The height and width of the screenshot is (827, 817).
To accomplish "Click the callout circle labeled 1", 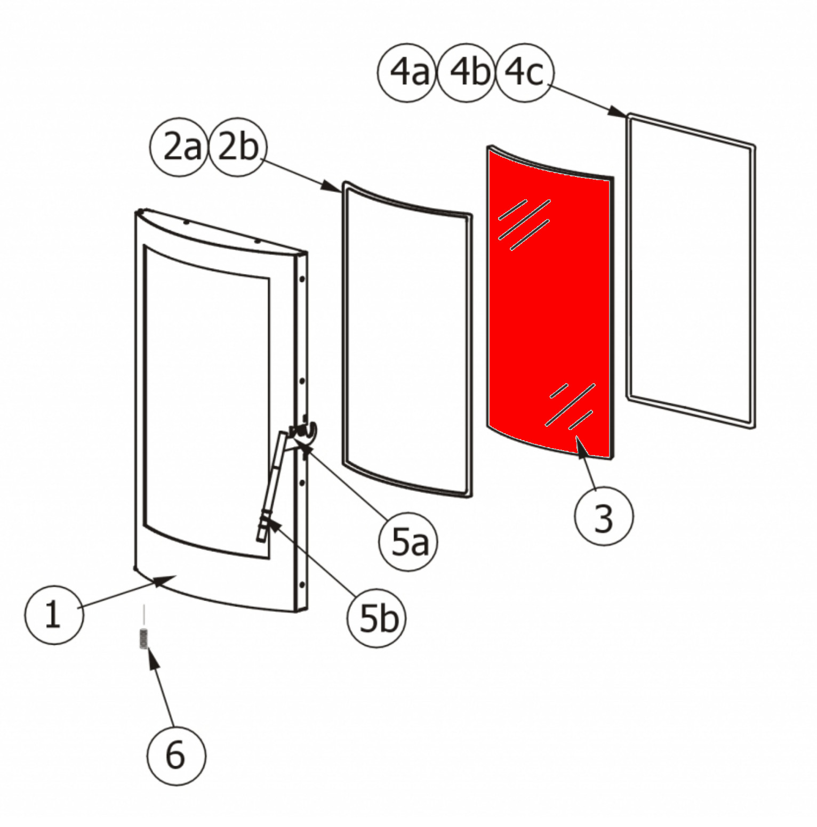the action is tap(54, 615).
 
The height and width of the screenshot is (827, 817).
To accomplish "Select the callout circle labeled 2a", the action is tap(180, 147).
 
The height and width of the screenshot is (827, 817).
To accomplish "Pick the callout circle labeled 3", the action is tap(604, 516).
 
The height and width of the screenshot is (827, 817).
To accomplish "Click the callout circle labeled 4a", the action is tap(407, 72).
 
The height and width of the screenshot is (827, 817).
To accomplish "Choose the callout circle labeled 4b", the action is tap(467, 72).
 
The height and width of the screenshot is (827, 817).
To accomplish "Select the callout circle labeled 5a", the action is tap(407, 542).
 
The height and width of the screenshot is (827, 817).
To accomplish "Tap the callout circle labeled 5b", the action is tap(377, 618).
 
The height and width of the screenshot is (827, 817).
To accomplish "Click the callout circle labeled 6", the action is tap(176, 755).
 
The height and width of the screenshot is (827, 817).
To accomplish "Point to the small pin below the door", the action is tap(143, 637).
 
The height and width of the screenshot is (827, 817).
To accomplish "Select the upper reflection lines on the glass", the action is tap(524, 225).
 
